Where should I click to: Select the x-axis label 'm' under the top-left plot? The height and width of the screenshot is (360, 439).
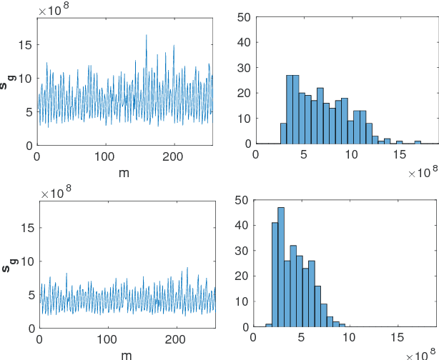point(125,173)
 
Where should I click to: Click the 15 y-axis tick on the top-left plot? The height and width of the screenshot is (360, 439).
point(27,44)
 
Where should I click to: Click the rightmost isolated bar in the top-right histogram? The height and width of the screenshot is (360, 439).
point(418,142)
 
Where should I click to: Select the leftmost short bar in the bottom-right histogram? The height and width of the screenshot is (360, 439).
point(269,325)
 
